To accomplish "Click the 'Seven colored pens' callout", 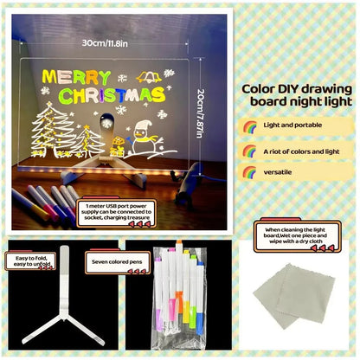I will [113, 258].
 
